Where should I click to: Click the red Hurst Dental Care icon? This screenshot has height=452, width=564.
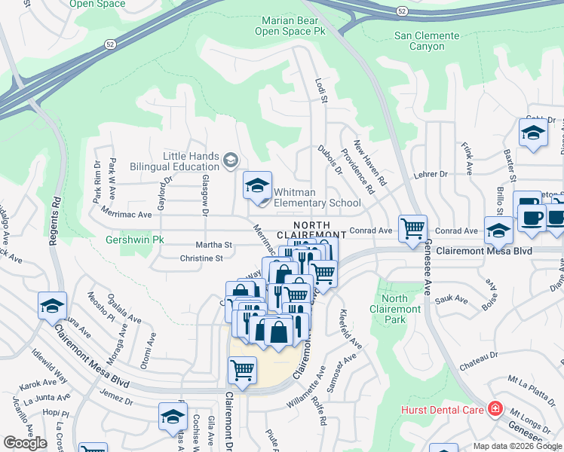pos(495,409)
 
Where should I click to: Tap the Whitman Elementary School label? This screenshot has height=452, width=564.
pos(317,197)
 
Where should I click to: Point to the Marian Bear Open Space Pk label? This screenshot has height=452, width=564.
pos(294,26)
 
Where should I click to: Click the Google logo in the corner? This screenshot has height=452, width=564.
pos(25,443)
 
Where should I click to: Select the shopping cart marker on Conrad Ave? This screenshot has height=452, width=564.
pos(412,228)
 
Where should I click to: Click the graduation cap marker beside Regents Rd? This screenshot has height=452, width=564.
pos(52,305)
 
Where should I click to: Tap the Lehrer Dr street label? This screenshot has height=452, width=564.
pos(431,174)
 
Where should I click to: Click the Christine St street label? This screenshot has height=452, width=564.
pos(201,258)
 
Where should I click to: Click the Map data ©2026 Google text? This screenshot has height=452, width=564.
pos(516,446)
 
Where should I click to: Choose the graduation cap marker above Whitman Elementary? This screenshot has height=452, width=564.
pos(256,185)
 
